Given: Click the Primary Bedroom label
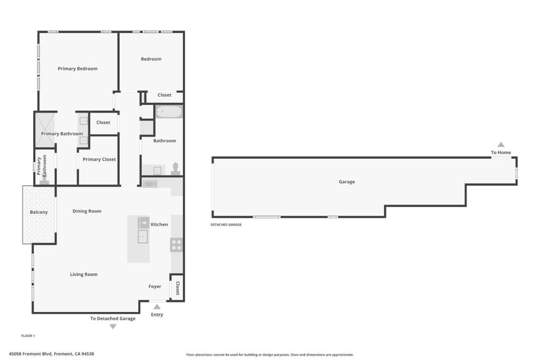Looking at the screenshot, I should tap(78, 69).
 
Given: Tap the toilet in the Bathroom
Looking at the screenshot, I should tap(176, 169).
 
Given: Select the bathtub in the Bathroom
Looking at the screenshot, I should tap(169, 112).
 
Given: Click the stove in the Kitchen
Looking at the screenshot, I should tap(176, 245).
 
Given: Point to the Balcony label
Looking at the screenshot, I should tap(38, 212).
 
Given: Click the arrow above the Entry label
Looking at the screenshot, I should tap(157, 306).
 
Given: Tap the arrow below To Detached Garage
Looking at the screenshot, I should tap(113, 327).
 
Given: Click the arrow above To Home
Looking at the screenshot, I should tap(501, 144).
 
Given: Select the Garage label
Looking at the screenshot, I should tap(346, 182).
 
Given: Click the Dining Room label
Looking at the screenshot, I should tap(87, 211).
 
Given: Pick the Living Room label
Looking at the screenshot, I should tap(84, 275).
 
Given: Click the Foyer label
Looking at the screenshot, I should tap(155, 287).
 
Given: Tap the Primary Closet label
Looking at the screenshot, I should tap(99, 159).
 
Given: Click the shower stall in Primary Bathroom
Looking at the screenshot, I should tap(44, 129).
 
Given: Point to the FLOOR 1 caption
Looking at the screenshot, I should tap(28, 336).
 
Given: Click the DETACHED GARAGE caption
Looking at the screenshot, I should tap(226, 225).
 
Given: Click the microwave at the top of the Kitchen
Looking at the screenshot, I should tap(150, 184).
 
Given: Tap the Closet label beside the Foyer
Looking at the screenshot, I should tap(178, 288).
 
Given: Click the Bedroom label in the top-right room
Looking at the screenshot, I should tap(151, 59).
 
